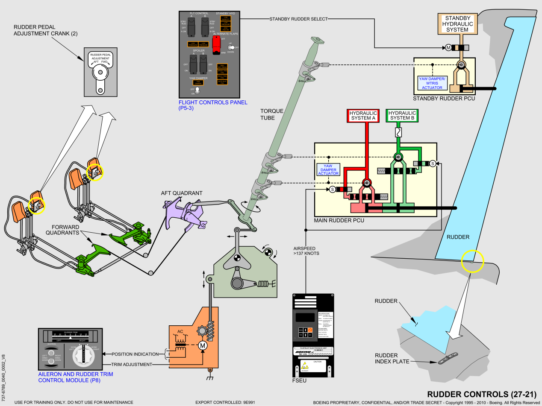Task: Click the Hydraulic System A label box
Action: (x=363, y=116)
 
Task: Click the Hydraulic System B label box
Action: (x=402, y=116)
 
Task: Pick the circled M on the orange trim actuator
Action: (x=203, y=345)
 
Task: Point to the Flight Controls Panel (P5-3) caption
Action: (x=204, y=105)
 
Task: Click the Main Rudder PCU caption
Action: (x=339, y=221)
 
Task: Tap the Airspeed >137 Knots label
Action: (x=306, y=251)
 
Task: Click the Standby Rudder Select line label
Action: (x=298, y=19)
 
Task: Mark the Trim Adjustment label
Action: (x=132, y=364)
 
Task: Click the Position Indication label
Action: (x=135, y=354)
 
